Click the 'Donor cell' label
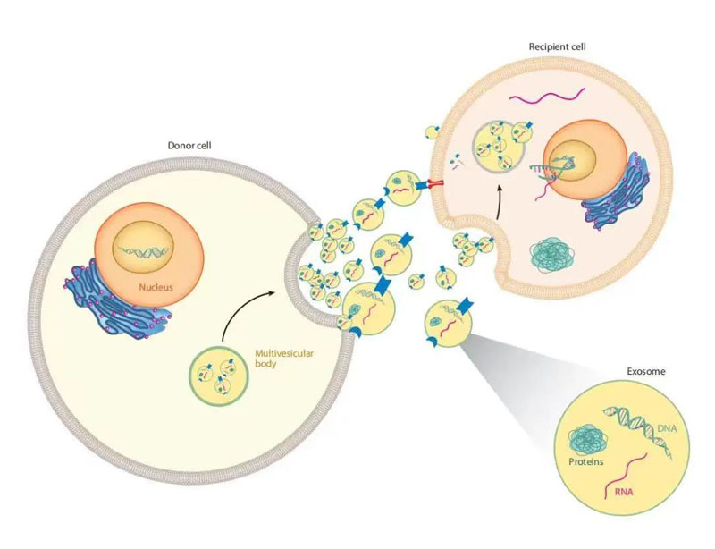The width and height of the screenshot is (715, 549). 189,145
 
